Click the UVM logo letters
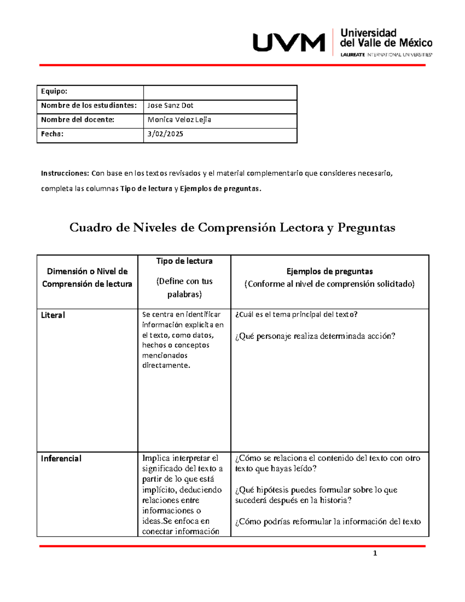point(289,43)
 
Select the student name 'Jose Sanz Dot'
point(170,105)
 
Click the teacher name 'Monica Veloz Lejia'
point(179,120)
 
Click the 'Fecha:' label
point(52,134)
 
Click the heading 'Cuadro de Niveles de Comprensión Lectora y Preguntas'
point(232,228)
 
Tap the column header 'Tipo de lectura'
point(184,261)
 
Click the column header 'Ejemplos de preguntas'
point(329,271)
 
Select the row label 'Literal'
point(53,315)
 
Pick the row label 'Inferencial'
point(61,459)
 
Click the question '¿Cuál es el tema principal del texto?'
point(296,315)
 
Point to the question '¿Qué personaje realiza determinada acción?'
point(315,336)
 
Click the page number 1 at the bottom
point(375,554)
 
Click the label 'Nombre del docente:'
point(77,120)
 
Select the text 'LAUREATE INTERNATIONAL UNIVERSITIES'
point(386,55)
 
